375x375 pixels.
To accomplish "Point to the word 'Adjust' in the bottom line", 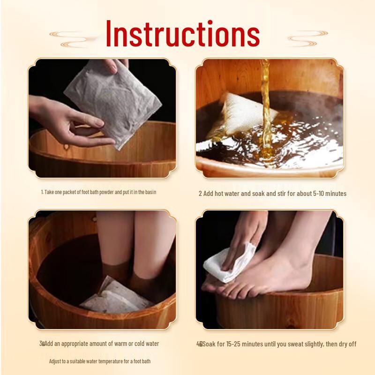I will click(57, 361).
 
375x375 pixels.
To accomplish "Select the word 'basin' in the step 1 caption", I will click(150, 192).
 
